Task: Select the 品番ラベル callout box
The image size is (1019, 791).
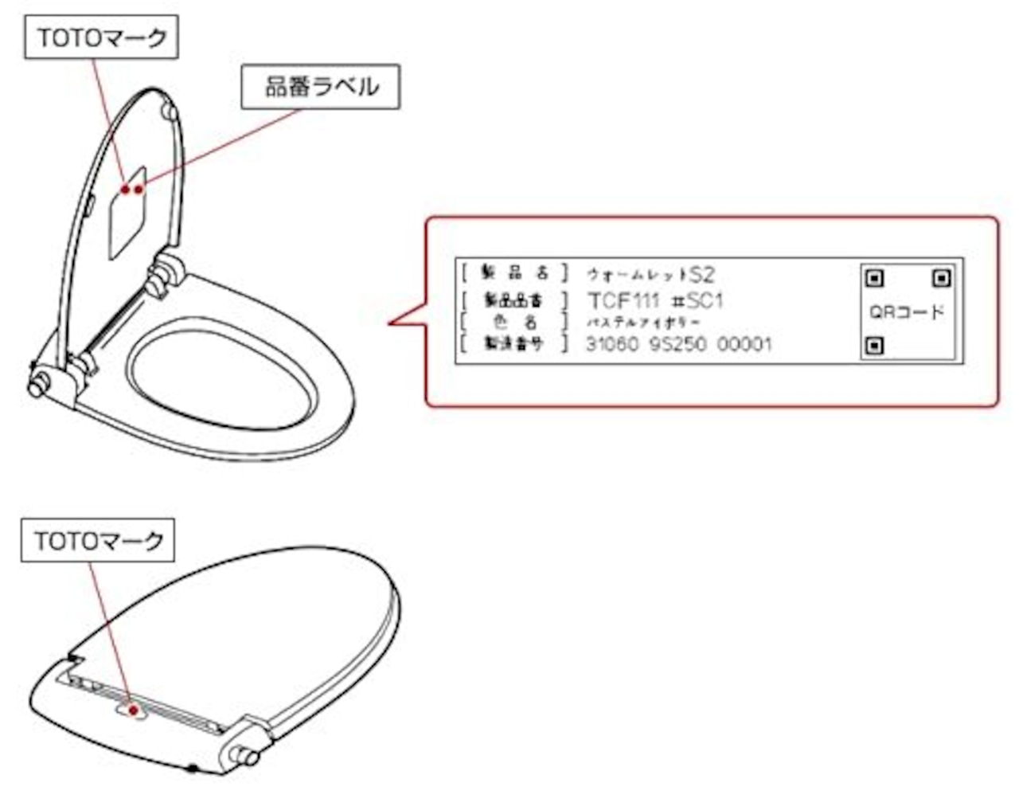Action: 320,87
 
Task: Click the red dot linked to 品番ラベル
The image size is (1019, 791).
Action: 139,189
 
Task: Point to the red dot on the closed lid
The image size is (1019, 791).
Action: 133,709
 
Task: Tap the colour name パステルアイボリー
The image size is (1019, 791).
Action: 644,323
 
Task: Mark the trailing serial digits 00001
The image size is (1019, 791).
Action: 744,344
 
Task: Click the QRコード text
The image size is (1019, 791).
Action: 907,311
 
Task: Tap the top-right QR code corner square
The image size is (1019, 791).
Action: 941,278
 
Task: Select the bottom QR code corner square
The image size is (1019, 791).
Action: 874,346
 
